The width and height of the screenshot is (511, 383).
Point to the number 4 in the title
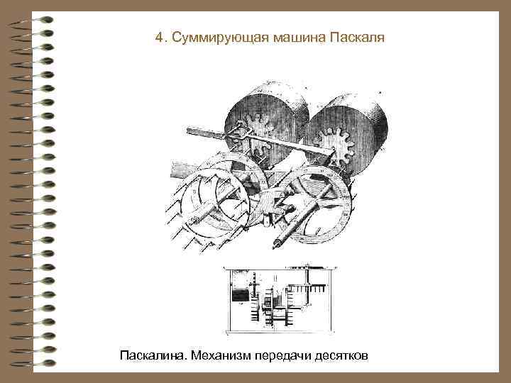tap(158, 37)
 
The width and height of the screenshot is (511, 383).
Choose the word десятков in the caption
tap(343, 354)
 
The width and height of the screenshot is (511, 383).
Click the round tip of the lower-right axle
tap(275, 245)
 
